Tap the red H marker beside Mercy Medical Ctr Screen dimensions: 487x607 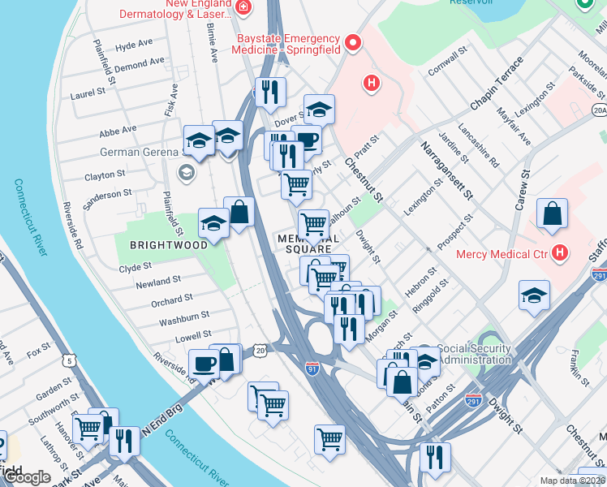558,253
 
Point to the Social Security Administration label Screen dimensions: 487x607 474,355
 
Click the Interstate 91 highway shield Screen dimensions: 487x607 312,367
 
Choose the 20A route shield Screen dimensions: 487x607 600,110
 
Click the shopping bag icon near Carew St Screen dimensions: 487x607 552,215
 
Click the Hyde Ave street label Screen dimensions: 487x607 134,47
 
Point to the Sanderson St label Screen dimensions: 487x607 109,194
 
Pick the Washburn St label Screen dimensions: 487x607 184,315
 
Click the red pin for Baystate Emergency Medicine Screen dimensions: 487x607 352,42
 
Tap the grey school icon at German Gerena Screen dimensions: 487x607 186,172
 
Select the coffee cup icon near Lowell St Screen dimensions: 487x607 203,363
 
